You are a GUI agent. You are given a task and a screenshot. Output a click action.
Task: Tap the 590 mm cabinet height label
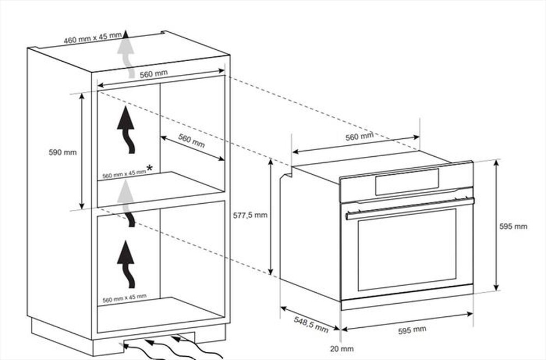coord(63,152)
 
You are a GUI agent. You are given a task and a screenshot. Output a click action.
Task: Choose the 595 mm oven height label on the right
coord(514,226)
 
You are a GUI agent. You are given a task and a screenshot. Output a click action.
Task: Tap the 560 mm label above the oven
coord(359,137)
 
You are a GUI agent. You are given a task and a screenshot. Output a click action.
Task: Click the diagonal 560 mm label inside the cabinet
coord(191,141)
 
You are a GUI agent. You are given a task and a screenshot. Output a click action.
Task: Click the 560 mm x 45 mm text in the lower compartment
coord(124,298)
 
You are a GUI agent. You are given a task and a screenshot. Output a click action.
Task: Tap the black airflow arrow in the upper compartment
coord(128,131)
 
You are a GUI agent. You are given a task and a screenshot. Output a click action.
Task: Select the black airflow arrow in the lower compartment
coord(128,262)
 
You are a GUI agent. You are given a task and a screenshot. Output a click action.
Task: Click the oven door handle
coord(410,208)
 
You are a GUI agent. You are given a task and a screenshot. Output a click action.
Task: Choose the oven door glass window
coord(407,249)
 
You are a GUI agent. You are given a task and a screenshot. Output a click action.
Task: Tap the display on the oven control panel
coord(407,181)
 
